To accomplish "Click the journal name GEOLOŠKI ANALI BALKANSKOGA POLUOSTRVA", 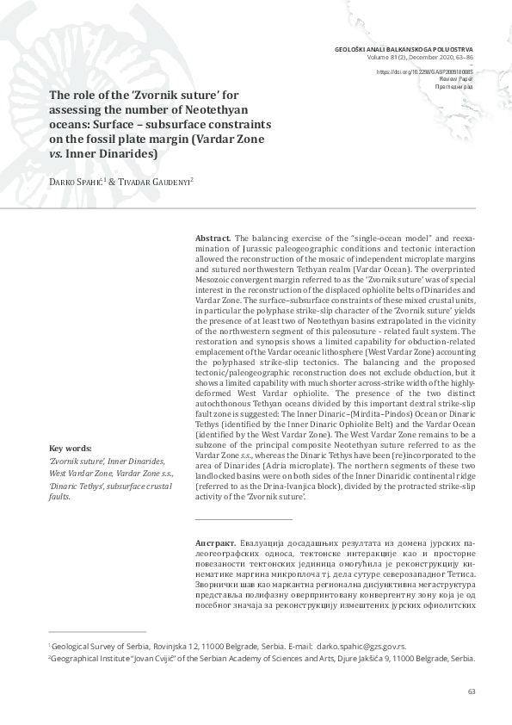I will pos(404,49).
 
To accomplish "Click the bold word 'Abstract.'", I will pos(213,238).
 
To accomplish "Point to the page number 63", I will pos(471,691).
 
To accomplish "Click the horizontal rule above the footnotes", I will pos(97,631).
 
